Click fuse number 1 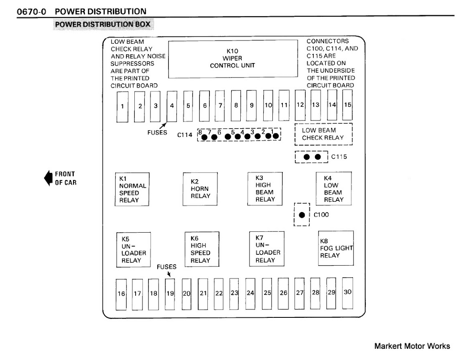122,106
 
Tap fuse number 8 236,105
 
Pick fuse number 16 121,294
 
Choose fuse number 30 347,292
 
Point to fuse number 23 234,293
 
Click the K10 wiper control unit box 232,59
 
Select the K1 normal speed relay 133,189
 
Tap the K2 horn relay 200,189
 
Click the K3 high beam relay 265,188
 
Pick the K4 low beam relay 333,189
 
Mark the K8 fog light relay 336,248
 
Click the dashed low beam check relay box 324,134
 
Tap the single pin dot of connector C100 302,215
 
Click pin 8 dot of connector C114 204,137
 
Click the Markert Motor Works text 412,346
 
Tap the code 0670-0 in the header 32,12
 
